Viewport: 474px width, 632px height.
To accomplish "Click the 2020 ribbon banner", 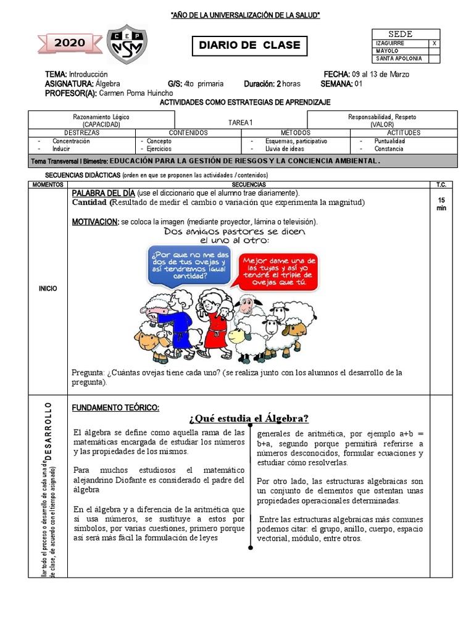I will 70,43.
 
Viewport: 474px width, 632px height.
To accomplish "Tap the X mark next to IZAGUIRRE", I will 434,43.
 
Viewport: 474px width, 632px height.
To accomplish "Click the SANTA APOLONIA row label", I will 394,59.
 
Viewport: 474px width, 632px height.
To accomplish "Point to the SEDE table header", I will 400,34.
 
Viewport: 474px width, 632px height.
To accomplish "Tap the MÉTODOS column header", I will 295,133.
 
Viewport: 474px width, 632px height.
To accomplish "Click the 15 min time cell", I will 441,204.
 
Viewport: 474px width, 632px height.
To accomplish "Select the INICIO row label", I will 48,288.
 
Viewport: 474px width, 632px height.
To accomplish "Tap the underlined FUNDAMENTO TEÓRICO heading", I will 115,407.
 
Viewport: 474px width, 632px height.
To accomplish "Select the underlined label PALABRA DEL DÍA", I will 103,193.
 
